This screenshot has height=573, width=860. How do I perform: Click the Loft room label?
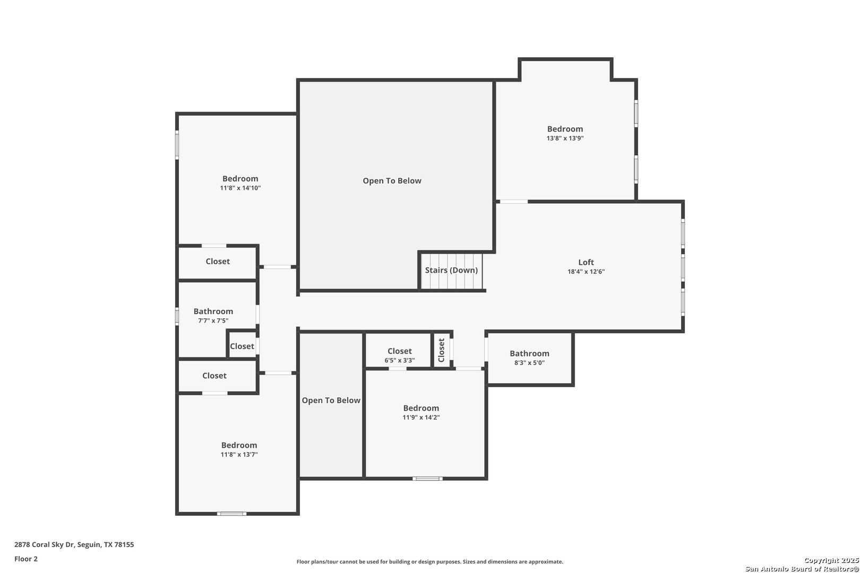[586, 262]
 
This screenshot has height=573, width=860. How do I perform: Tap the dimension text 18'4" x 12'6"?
[586, 271]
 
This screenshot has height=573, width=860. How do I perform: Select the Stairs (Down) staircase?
[451, 271]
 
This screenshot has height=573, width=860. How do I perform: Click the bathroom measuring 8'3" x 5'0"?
[530, 358]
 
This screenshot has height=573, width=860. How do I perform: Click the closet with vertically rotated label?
[442, 350]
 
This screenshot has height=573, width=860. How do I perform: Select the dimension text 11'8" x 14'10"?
[240, 188]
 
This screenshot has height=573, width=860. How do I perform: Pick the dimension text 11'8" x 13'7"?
[239, 454]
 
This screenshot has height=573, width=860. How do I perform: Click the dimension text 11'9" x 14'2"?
[421, 417]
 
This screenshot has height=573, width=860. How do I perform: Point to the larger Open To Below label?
[392, 181]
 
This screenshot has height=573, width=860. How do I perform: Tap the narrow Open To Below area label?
[331, 400]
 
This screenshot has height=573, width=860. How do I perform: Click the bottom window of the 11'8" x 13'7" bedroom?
[231, 514]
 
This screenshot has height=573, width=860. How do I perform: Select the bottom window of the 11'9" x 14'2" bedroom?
[427, 479]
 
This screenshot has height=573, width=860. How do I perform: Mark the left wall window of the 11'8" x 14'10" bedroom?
[177, 145]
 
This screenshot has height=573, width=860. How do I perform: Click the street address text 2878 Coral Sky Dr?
[44, 544]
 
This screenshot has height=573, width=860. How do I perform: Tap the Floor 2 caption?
[26, 559]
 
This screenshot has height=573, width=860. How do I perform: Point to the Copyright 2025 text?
[831, 560]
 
